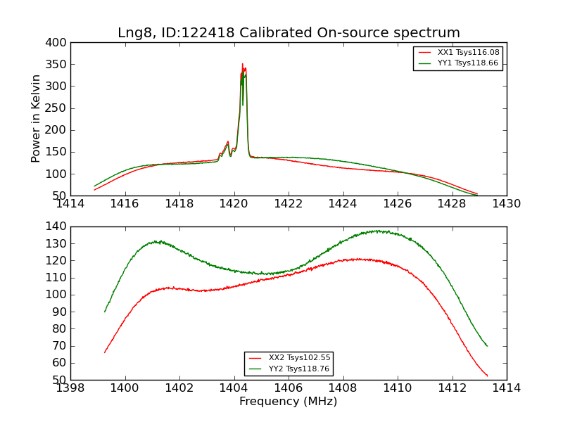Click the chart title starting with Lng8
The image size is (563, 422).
pyautogui.click(x=289, y=33)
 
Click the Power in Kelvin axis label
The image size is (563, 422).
pyautogui.click(x=37, y=119)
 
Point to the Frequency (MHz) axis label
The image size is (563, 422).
pyautogui.click(x=289, y=402)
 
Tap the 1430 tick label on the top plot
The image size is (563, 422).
pyautogui.click(x=506, y=204)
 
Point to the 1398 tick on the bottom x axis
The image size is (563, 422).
pyautogui.click(x=71, y=388)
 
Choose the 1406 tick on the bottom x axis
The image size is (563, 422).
pyautogui.click(x=289, y=388)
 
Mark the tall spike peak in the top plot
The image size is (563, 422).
pyautogui.click(x=243, y=64)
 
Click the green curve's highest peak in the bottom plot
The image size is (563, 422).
pyautogui.click(x=378, y=231)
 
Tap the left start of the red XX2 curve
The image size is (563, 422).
pyautogui.click(x=105, y=352)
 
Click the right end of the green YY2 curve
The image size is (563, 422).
pyautogui.click(x=487, y=345)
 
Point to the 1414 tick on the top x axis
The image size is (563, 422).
pyautogui.click(x=71, y=204)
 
